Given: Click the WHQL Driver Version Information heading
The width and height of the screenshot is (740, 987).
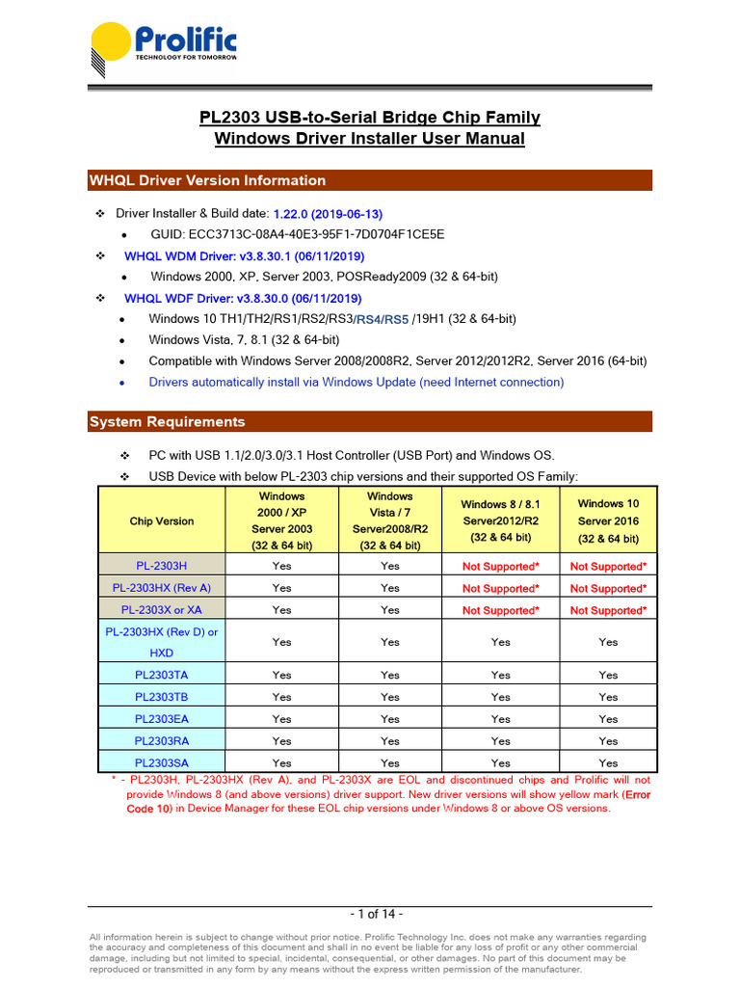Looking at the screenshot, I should (207, 180).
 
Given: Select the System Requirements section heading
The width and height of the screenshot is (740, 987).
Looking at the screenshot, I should (167, 422).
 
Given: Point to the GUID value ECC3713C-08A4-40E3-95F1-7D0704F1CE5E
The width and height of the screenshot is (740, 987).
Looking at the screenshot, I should (298, 234).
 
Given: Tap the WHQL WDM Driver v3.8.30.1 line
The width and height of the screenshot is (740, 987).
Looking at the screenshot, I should (245, 256).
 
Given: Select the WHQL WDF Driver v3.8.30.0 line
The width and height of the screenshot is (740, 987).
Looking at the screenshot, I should (243, 299).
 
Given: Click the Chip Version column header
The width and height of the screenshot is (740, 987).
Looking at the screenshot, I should (161, 521).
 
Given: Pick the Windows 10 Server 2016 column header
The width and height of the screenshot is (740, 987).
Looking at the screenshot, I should (607, 520).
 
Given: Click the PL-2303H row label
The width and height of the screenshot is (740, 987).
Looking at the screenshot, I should (161, 566).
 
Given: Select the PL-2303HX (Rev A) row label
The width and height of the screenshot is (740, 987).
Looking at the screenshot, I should (161, 588).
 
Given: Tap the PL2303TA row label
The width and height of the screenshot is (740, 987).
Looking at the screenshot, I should (161, 675).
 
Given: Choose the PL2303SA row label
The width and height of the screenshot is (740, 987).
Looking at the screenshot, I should (161, 763).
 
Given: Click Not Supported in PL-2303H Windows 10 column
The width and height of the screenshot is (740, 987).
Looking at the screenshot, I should (608, 567).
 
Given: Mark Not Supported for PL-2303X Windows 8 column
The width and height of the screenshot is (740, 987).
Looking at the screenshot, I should (500, 610).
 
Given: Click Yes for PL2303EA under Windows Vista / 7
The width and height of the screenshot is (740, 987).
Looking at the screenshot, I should (389, 719).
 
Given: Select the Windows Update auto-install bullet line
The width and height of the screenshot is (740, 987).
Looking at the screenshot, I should (356, 383).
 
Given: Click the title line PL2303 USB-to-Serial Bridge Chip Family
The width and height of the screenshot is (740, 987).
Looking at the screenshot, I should (370, 118).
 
